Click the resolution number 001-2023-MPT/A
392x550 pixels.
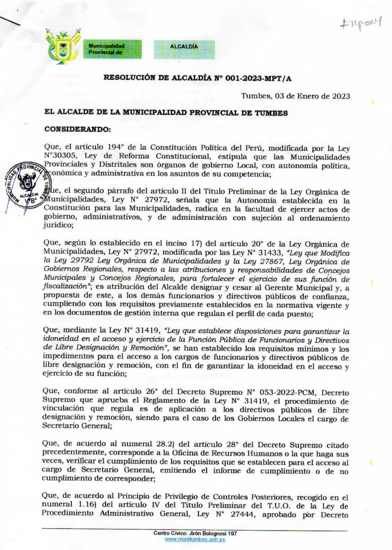[x=250, y=79]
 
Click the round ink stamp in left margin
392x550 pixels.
[x=26, y=186]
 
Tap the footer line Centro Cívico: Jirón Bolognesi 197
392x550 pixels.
[x=194, y=533]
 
